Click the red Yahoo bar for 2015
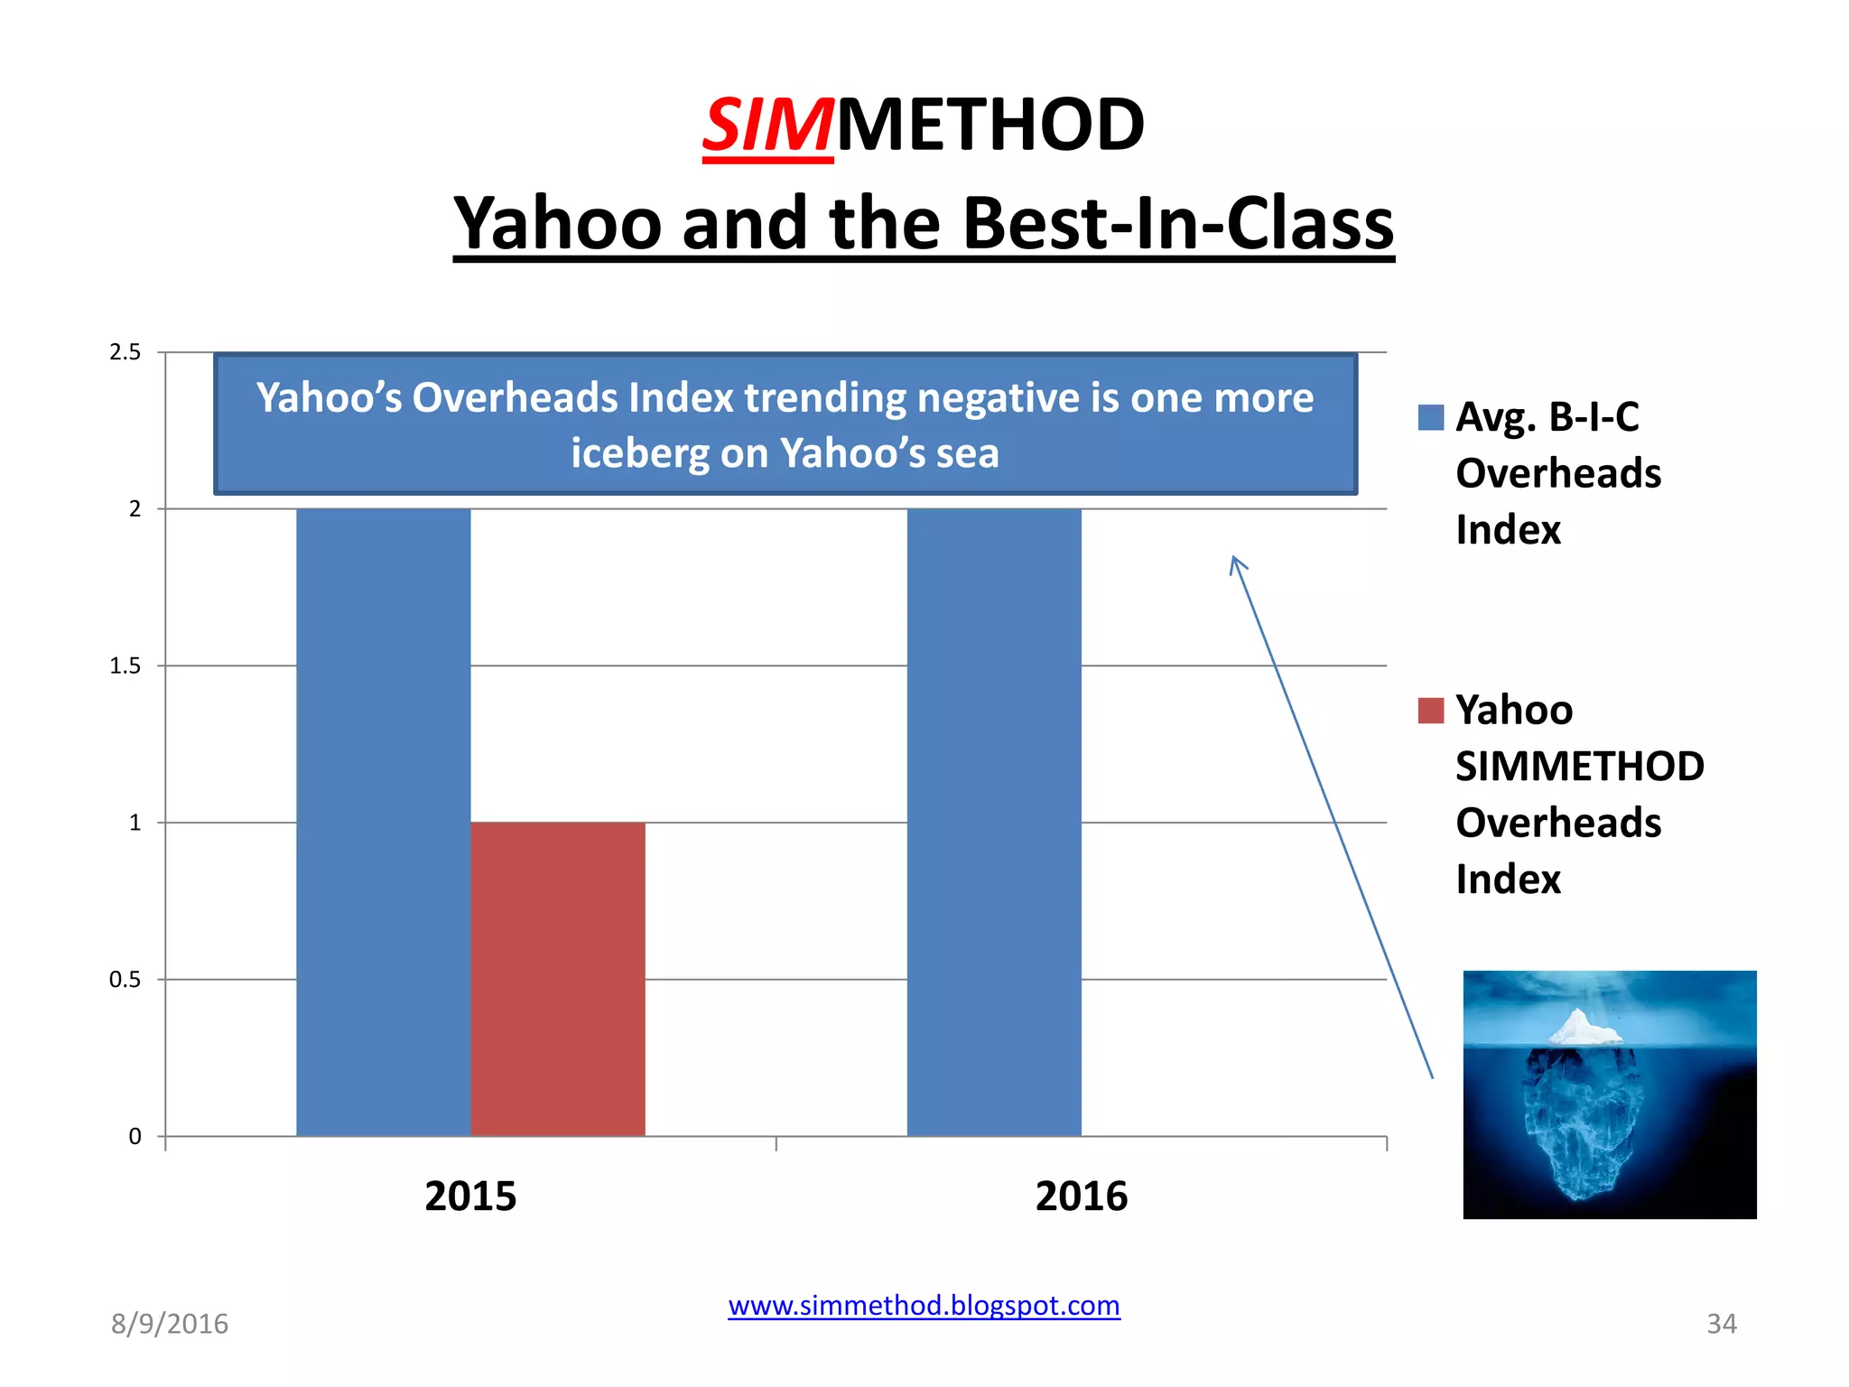(x=558, y=979)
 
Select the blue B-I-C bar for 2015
(x=383, y=822)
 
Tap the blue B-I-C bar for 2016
(x=994, y=822)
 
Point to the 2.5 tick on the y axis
(x=125, y=352)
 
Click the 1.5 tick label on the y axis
(x=125, y=666)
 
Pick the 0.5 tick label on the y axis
(x=125, y=980)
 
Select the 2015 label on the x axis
(x=470, y=1196)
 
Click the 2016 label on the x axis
(x=1082, y=1196)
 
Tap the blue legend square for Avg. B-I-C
(x=1431, y=417)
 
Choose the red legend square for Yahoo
(x=1431, y=711)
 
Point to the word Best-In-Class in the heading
(x=1178, y=223)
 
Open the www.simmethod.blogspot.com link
(x=924, y=1306)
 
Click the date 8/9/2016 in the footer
(x=170, y=1324)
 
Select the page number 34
(x=1721, y=1324)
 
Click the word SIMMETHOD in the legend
(x=1580, y=767)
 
